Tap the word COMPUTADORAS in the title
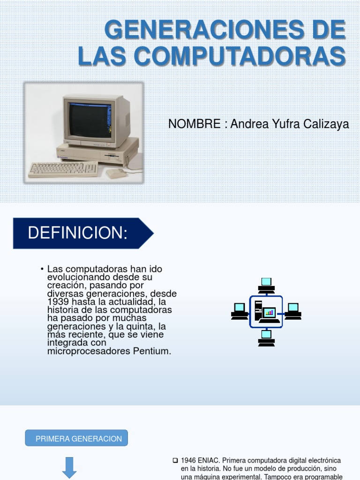240,56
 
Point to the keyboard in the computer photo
63,169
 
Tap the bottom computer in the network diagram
266,338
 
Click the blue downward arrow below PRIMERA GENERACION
69,468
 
